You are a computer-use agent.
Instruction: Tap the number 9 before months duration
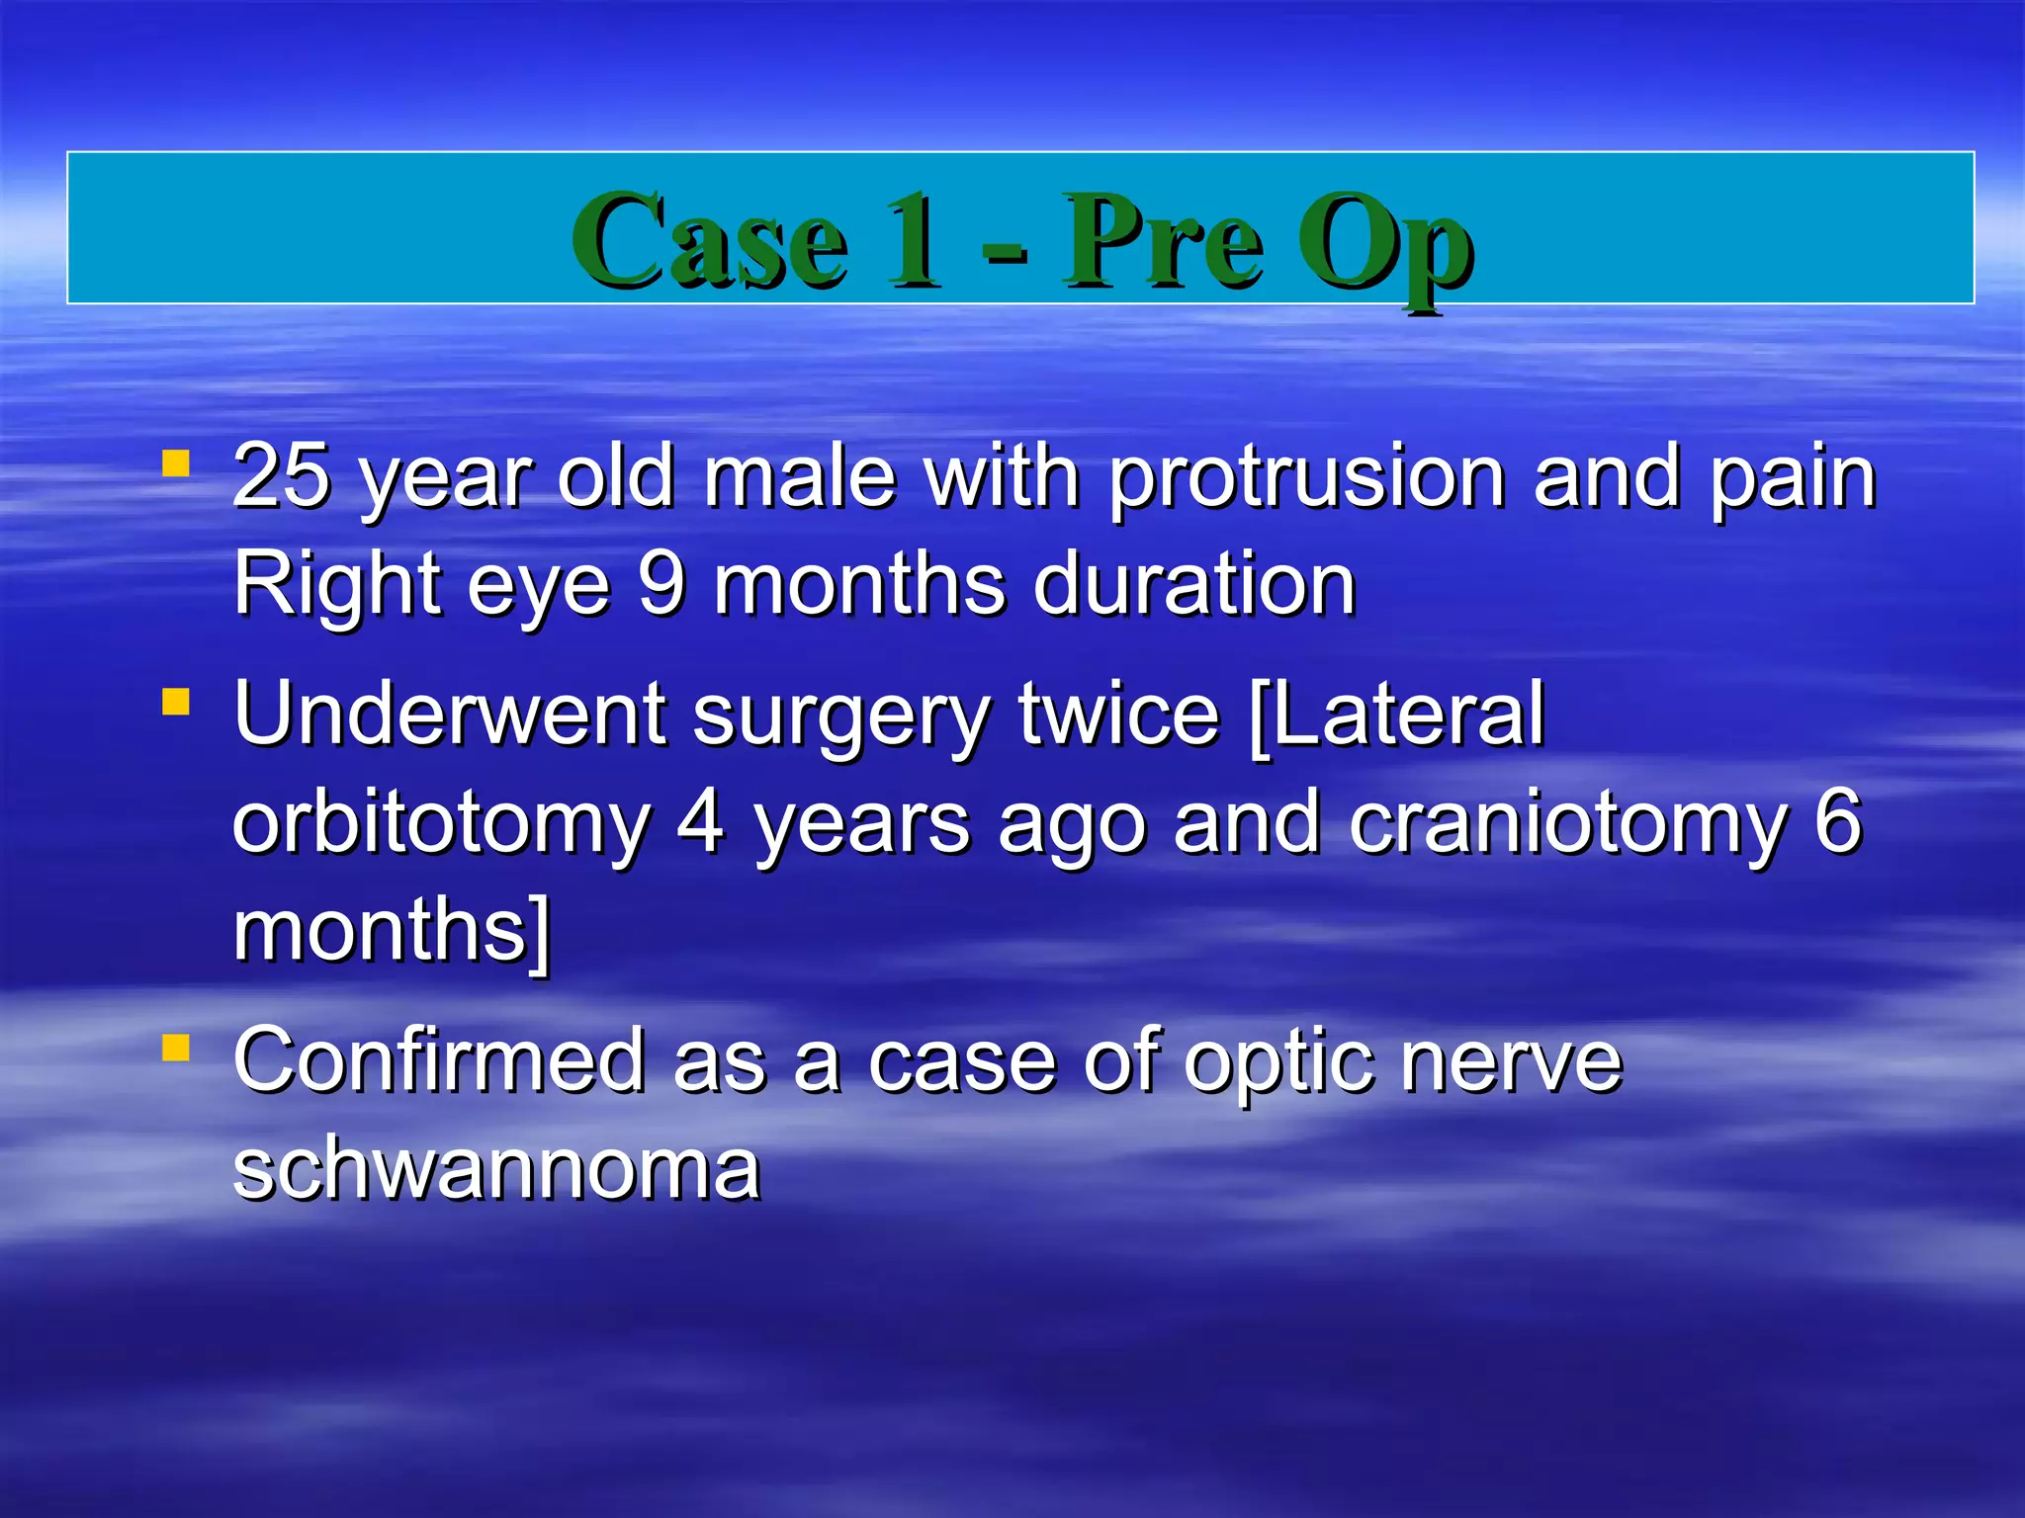point(660,585)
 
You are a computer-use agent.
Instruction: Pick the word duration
point(1194,585)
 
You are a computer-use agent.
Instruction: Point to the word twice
point(1119,714)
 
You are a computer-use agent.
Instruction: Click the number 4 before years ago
point(701,822)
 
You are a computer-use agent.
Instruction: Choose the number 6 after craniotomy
point(1837,822)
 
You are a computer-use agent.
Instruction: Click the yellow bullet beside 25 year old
point(176,464)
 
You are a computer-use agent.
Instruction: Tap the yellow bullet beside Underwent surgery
point(176,702)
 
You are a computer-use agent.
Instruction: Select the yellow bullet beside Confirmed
point(176,1048)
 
